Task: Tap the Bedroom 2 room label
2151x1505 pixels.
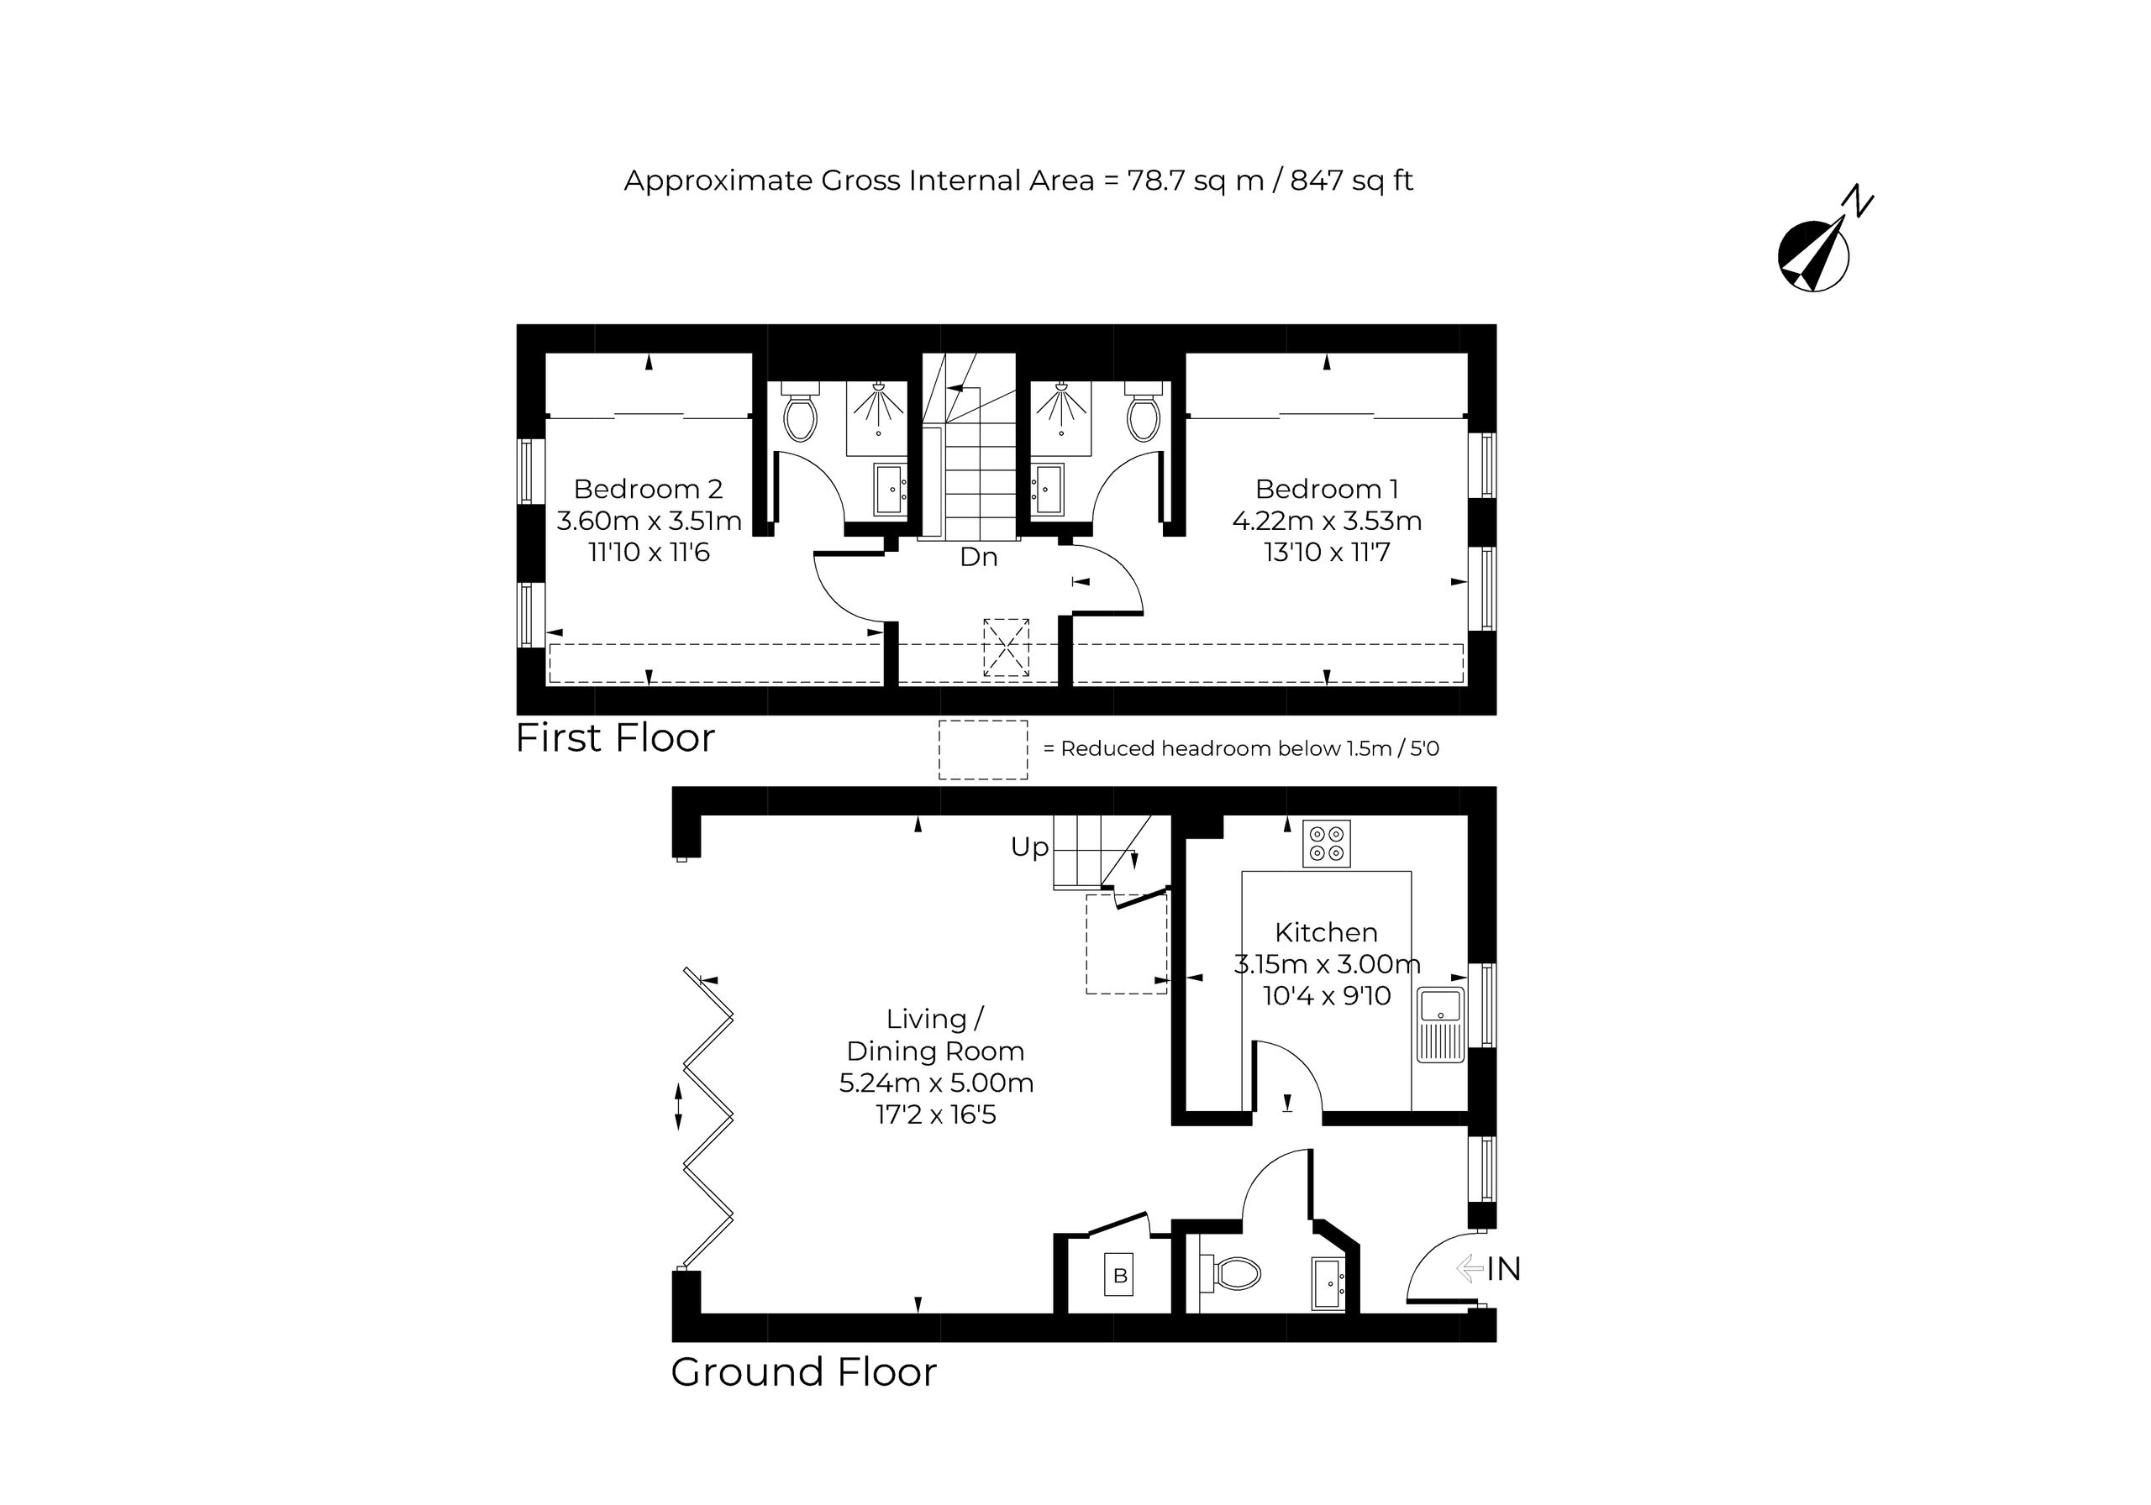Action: [649, 489]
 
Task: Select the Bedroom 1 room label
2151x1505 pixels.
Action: [1327, 489]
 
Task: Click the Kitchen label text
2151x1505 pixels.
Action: [1326, 933]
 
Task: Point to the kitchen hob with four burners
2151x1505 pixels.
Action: [1327, 843]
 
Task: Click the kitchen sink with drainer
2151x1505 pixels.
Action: [1441, 1024]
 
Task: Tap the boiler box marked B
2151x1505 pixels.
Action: [1119, 1275]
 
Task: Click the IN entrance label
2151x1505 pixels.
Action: [1504, 1269]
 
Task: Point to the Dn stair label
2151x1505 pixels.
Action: [978, 557]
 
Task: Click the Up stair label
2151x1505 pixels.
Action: [1029, 847]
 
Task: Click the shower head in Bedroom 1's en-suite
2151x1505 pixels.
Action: [1061, 403]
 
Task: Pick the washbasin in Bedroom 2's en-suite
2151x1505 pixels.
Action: [890, 489]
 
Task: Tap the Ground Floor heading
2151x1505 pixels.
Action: [804, 1372]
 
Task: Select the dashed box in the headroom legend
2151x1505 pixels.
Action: [983, 749]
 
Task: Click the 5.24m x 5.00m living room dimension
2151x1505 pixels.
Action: [936, 1083]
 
